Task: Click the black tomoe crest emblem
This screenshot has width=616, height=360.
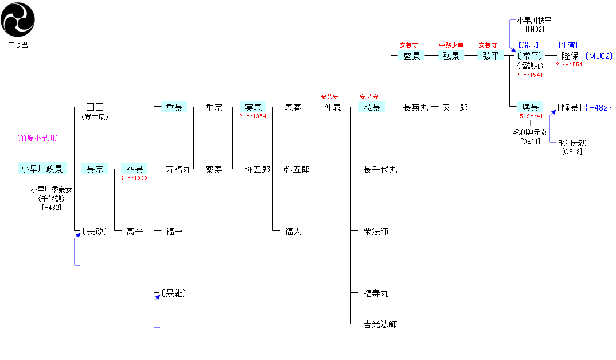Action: pyautogui.click(x=18, y=19)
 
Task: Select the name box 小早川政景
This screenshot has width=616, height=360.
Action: pyautogui.click(x=42, y=169)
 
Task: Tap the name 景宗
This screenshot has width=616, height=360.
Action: pyautogui.click(x=94, y=169)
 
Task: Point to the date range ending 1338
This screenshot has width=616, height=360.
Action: pyautogui.click(x=134, y=178)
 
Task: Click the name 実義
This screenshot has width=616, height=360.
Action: pyautogui.click(x=253, y=107)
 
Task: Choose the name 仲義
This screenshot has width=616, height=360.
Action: pyautogui.click(x=333, y=107)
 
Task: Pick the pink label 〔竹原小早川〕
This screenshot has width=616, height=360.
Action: pyautogui.click(x=38, y=138)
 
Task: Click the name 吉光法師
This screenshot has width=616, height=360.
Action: pyautogui.click(x=380, y=324)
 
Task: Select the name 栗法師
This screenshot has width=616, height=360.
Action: pyautogui.click(x=376, y=232)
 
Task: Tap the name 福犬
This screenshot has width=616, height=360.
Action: pyautogui.click(x=293, y=232)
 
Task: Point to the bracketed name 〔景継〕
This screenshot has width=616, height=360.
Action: pyautogui.click(x=174, y=294)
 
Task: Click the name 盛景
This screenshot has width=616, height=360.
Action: pyautogui.click(x=412, y=56)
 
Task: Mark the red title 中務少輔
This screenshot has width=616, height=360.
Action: pyautogui.click(x=451, y=45)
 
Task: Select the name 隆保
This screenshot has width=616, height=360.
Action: pyautogui.click(x=570, y=56)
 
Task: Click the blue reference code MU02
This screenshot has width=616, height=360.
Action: pyautogui.click(x=599, y=56)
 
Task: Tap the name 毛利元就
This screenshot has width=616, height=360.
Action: pyautogui.click(x=572, y=143)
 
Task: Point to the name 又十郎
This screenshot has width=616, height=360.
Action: pyautogui.click(x=455, y=107)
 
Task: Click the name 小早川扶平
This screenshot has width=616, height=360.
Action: pyautogui.click(x=534, y=21)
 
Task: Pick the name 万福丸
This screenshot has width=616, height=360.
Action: pyautogui.click(x=178, y=169)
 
